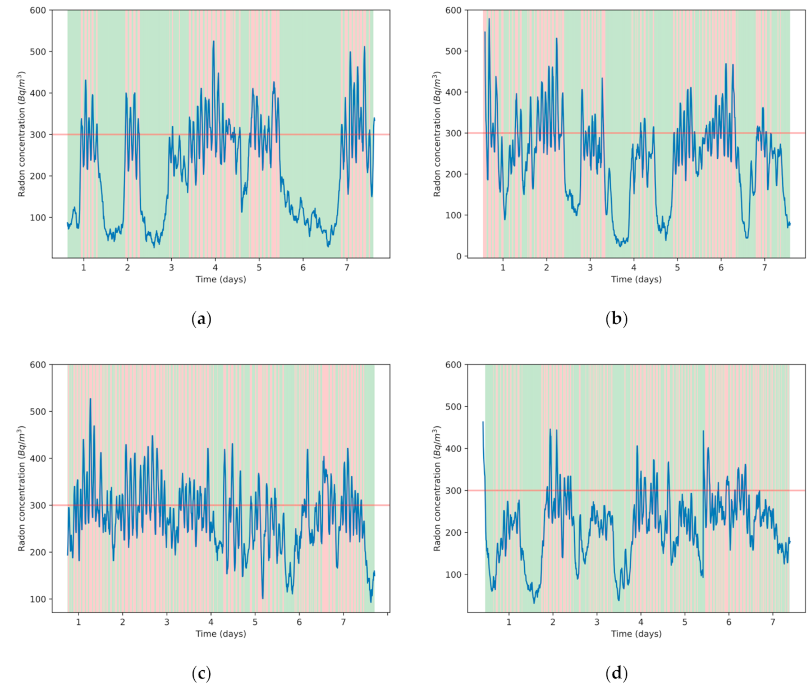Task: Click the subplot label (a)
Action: (201, 319)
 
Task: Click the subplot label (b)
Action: (616, 319)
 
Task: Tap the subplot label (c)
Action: (201, 673)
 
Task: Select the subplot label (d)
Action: (616, 673)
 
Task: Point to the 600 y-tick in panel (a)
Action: (38, 10)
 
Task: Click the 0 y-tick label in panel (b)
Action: (459, 256)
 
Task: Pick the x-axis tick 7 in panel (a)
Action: (347, 268)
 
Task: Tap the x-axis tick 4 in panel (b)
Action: (634, 268)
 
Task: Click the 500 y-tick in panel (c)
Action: (38, 411)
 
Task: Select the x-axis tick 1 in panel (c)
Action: (79, 622)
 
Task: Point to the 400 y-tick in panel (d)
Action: (453, 449)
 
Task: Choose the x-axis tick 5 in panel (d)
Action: (685, 622)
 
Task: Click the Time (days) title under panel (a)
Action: (221, 279)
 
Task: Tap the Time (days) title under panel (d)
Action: (636, 633)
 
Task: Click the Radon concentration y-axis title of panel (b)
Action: (437, 134)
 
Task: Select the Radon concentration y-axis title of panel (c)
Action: (22, 488)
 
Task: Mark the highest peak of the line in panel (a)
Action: (213, 41)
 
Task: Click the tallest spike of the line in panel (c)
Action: (90, 399)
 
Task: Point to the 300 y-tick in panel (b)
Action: (453, 134)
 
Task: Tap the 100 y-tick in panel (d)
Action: (453, 574)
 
